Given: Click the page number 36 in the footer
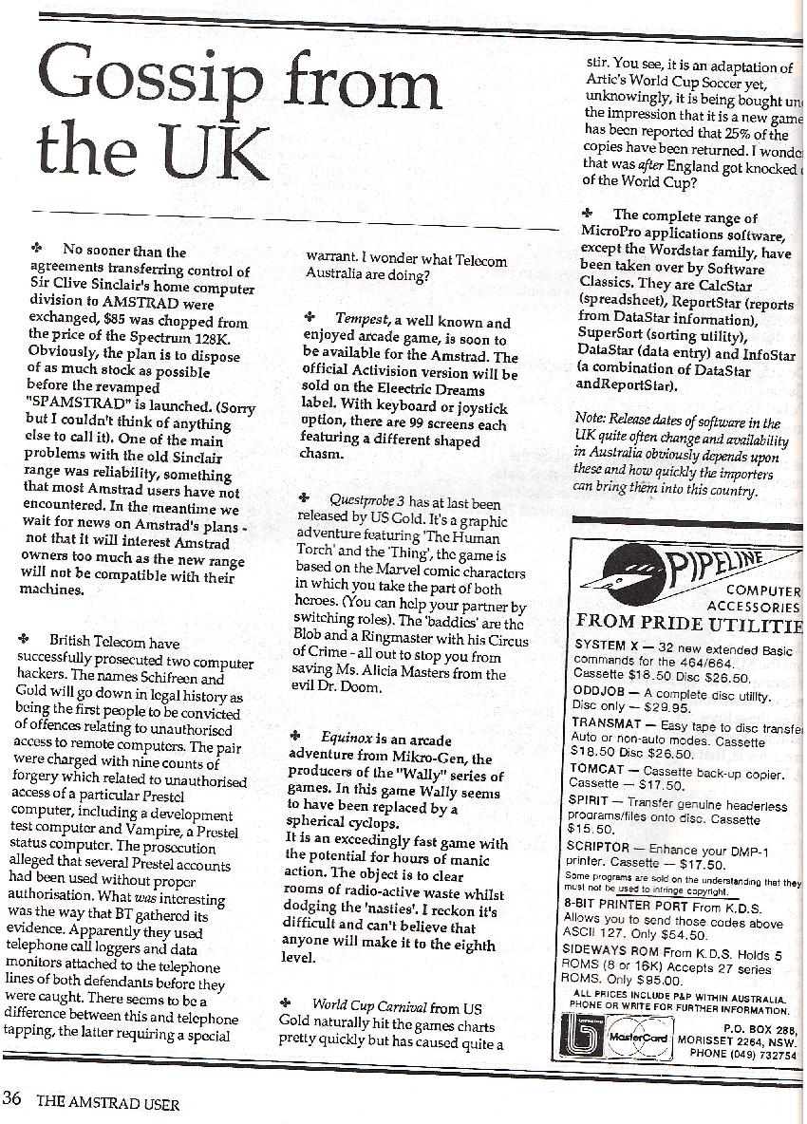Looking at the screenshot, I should point(13,1102).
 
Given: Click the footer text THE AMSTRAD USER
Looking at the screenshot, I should point(107,1103).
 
